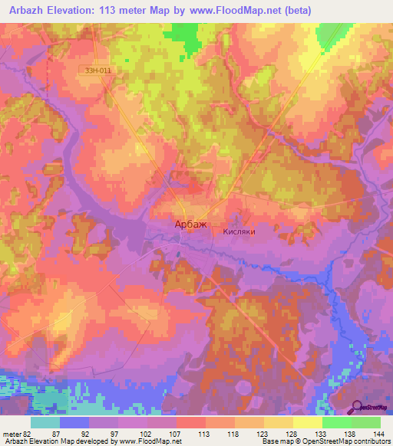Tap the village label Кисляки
click(239, 229)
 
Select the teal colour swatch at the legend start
click(45, 422)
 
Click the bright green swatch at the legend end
click(366, 422)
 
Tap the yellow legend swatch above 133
click(308, 422)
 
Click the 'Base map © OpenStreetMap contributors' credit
click(323, 441)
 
